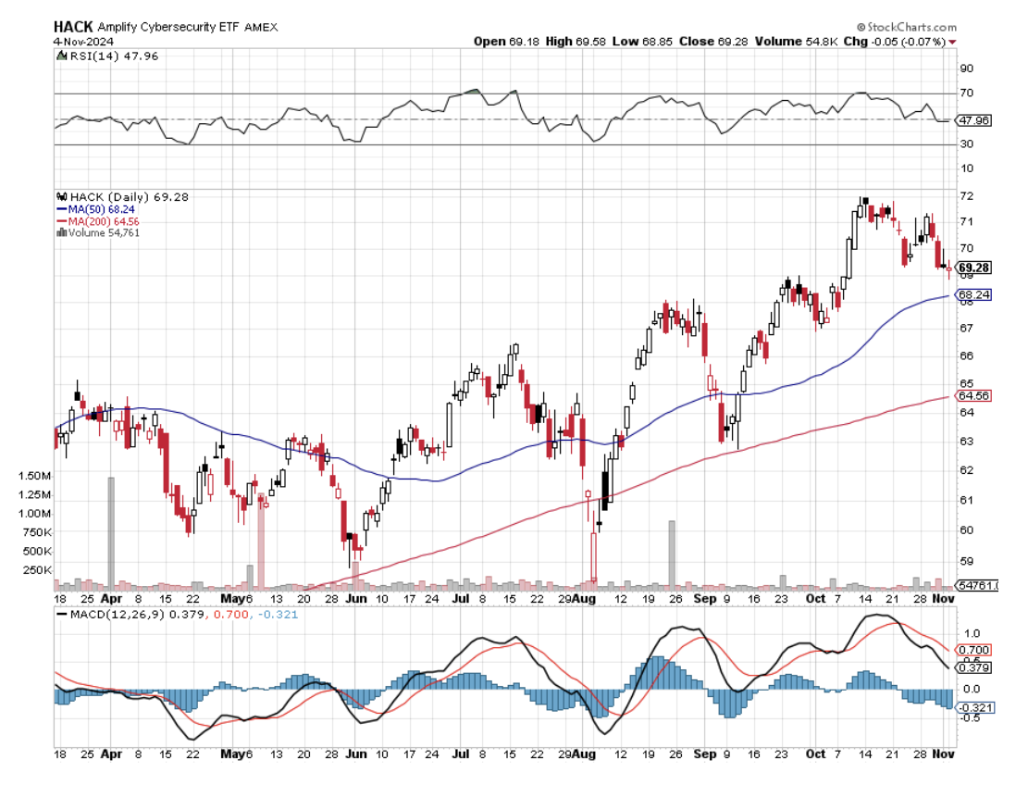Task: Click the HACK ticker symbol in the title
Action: point(73,27)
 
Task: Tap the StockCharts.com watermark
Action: point(911,28)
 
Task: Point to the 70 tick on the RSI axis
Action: point(966,93)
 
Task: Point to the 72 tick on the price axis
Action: point(966,196)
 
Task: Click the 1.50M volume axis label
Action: point(34,476)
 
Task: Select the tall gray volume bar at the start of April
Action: point(111,533)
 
